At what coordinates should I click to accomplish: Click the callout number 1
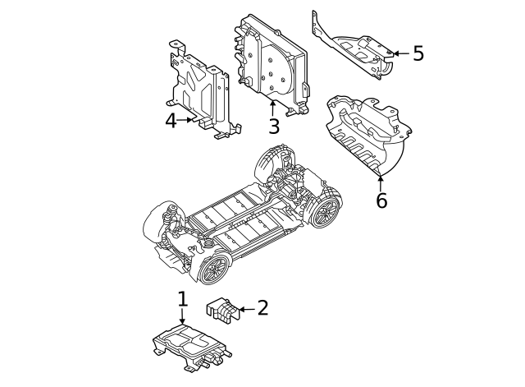pos(182,299)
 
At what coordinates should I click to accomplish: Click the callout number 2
pos(262,308)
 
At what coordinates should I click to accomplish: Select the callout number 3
pos(273,126)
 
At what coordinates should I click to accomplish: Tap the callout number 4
pos(171,121)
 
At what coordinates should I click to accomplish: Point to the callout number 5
pos(418,54)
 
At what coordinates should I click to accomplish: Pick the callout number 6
pos(381,200)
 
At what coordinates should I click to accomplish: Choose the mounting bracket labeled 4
pos(201,90)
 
